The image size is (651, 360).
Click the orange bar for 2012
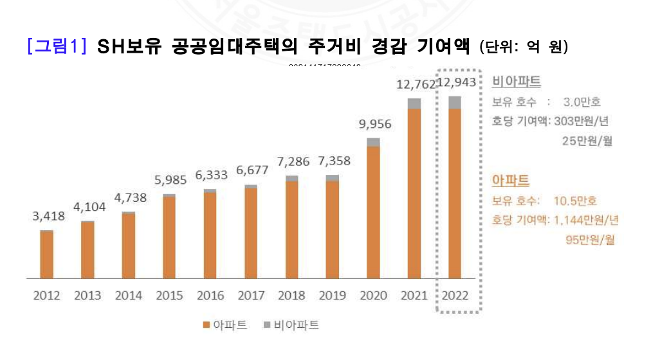click(x=46, y=255)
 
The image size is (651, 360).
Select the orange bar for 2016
click(x=210, y=235)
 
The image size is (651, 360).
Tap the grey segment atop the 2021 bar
click(x=414, y=104)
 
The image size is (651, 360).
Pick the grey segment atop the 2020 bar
click(x=373, y=142)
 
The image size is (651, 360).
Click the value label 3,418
click(x=49, y=216)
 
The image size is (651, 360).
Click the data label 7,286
click(x=293, y=161)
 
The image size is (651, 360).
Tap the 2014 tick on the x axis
click(x=129, y=296)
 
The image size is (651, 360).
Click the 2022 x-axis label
click(x=455, y=296)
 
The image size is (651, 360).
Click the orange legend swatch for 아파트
click(x=206, y=325)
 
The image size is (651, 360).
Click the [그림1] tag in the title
click(x=57, y=46)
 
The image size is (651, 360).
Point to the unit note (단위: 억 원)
click(x=524, y=48)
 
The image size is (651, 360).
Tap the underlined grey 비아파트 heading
click(x=517, y=82)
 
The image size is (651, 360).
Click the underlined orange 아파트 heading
click(x=511, y=181)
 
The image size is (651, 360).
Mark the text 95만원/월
click(x=587, y=240)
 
